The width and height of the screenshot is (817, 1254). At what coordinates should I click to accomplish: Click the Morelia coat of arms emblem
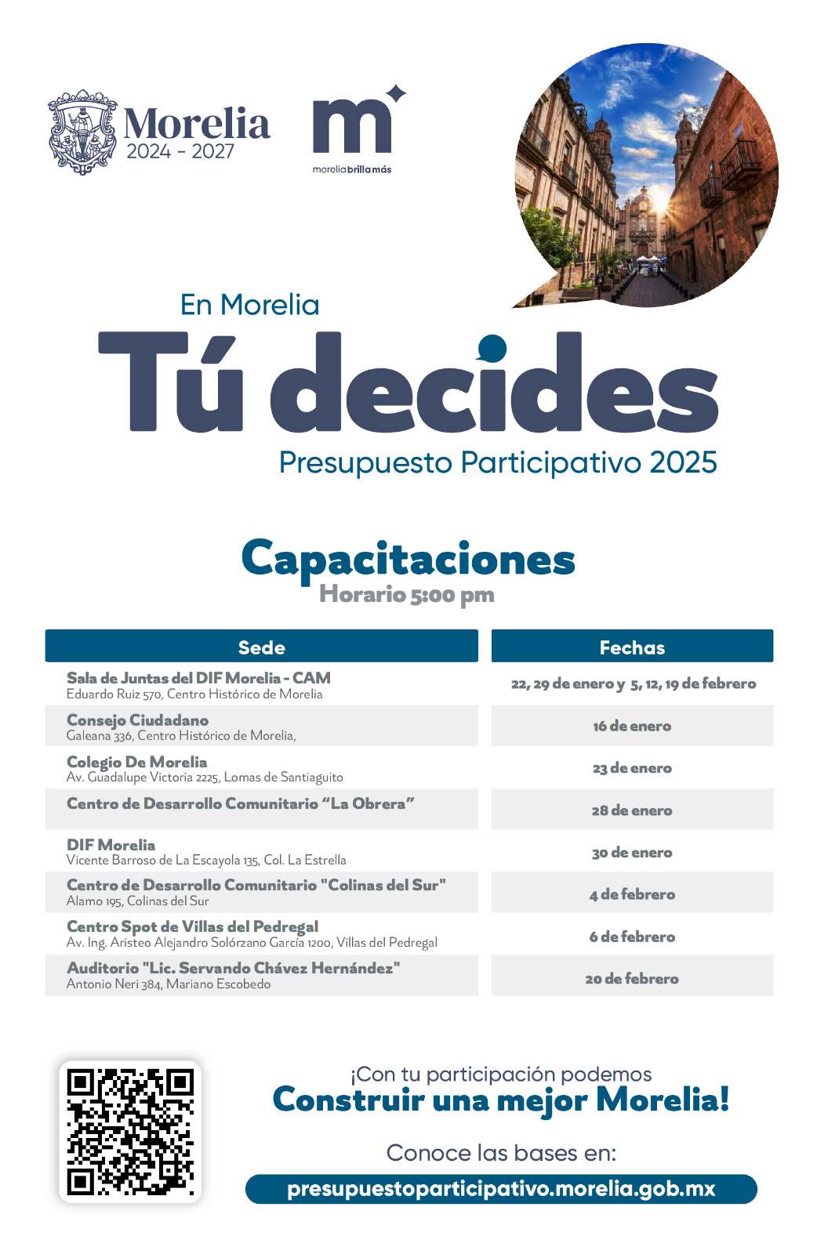83,132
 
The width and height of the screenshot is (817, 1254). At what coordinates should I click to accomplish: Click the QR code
130,1131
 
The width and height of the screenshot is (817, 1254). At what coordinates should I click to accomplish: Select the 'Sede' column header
261,647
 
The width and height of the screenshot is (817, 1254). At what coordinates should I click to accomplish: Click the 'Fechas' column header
632,647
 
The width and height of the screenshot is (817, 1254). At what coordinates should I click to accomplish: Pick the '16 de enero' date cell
632,726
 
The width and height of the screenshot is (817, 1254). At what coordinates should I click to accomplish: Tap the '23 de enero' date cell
632,768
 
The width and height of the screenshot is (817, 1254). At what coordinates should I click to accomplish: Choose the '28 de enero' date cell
632,810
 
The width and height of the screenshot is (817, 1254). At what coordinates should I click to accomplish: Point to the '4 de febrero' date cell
632,894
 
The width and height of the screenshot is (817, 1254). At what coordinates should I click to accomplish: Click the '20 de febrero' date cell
632,978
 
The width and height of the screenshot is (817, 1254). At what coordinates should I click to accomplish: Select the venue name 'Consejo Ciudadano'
137,719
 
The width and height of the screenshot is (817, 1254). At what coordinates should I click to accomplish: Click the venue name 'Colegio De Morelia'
136,762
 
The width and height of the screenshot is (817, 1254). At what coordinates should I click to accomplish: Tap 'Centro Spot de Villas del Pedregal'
192,926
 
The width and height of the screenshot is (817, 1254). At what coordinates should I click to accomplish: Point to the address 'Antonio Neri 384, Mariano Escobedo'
169,984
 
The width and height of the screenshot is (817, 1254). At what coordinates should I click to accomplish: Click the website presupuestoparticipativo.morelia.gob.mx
501,1188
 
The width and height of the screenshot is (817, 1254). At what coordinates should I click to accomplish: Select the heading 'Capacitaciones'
408,560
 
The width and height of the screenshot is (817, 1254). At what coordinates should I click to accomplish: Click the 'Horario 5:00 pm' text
406,594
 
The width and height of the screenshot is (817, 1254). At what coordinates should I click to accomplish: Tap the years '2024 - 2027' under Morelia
180,151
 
